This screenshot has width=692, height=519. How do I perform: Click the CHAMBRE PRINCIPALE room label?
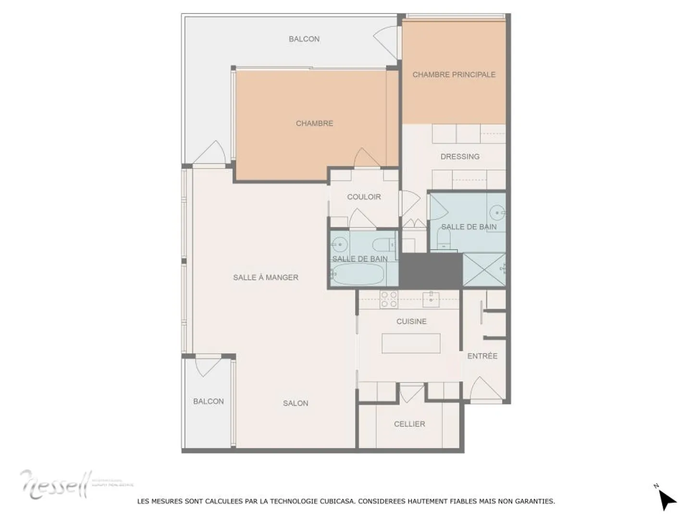tap(454, 75)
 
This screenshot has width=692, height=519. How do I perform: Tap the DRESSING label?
tap(460, 156)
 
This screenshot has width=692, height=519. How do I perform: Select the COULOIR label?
tap(364, 197)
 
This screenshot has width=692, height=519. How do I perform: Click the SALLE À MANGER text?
tap(266, 277)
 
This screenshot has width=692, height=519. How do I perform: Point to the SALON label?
tap(296, 403)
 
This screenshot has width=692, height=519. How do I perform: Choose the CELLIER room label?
tap(409, 424)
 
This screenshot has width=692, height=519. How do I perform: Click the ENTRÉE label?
tap(482, 356)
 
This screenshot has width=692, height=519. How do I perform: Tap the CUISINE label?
tap(411, 321)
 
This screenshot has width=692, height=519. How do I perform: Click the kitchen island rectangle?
tap(411, 343)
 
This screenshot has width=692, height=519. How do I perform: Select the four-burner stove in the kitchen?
tap(389, 300)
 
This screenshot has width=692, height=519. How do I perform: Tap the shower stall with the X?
tap(484, 270)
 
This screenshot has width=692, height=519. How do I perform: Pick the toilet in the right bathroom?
tap(443, 237)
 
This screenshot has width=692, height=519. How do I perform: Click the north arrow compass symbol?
tap(666, 499)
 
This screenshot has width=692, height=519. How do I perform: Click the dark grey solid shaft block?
tap(431, 271)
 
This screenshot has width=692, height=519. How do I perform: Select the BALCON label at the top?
tap(304, 39)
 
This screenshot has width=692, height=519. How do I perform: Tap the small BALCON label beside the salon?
tap(208, 401)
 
